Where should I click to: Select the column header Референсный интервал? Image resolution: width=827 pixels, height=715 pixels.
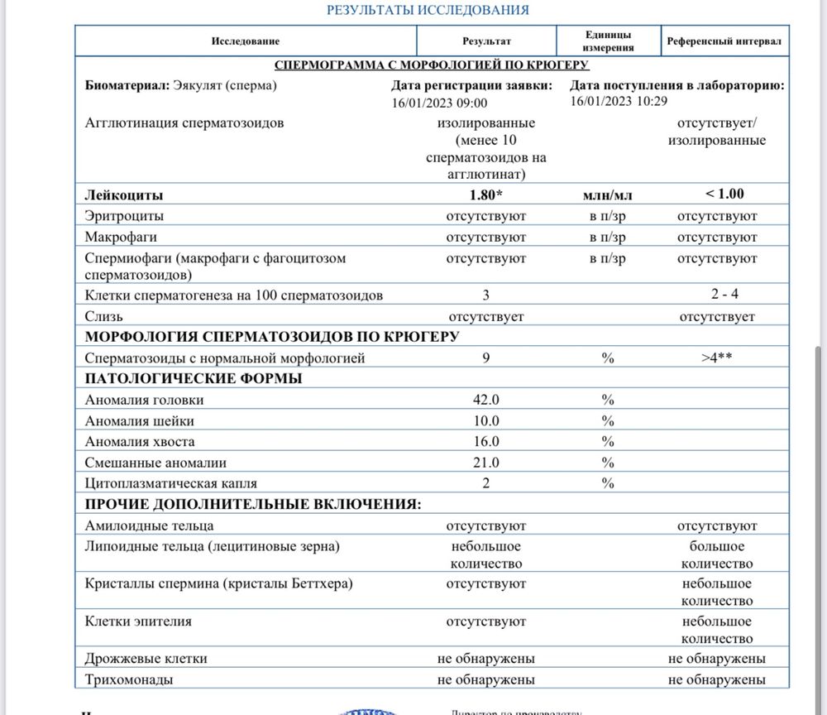tap(724, 41)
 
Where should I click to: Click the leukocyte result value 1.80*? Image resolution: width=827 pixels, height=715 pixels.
tap(485, 195)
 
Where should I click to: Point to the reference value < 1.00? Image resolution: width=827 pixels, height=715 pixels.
tap(724, 194)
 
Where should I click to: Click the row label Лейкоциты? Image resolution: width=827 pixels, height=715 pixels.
tap(124, 195)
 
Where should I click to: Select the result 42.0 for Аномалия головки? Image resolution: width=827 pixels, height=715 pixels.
tap(485, 400)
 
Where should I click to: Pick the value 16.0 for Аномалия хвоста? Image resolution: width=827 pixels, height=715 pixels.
tap(485, 442)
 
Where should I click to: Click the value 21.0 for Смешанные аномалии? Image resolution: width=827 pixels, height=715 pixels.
tap(485, 463)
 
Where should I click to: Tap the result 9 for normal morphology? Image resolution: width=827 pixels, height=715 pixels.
tap(485, 358)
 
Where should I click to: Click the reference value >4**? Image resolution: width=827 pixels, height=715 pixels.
tap(717, 358)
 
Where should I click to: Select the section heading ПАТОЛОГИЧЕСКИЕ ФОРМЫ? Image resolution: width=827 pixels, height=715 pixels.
tap(194, 379)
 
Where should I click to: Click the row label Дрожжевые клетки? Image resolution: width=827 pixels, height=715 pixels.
tap(146, 659)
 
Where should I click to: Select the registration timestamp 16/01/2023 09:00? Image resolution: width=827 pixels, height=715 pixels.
tap(440, 103)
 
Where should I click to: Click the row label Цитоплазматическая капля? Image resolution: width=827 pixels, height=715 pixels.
tap(171, 483)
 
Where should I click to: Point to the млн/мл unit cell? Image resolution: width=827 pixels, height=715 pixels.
tap(608, 195)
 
